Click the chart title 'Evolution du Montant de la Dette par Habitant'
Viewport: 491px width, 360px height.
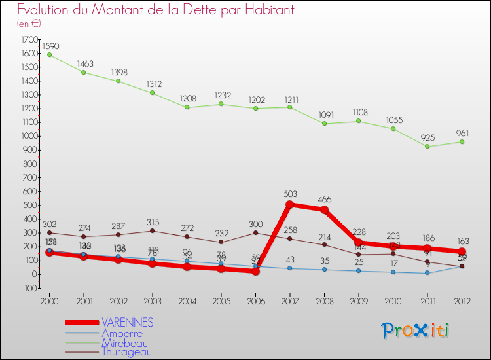tap(155, 10)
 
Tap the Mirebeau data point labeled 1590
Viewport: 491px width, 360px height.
tap(50, 55)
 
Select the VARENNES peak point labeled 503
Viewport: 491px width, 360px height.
tap(289, 204)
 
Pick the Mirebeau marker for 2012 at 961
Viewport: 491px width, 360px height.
tap(462, 142)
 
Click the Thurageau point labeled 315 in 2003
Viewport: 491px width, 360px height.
tap(152, 230)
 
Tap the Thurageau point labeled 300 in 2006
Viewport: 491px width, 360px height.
tap(255, 232)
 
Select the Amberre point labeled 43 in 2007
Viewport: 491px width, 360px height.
tap(289, 268)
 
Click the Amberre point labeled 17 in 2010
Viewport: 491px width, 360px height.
tap(393, 272)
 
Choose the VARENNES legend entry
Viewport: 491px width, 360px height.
tap(127, 323)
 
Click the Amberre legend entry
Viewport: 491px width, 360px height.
tap(122, 333)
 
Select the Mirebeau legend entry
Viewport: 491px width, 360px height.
tap(124, 343)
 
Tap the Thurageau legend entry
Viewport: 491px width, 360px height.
tap(126, 352)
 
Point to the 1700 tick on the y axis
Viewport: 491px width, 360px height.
tap(29, 40)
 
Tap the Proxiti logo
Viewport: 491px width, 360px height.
tap(416, 331)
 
